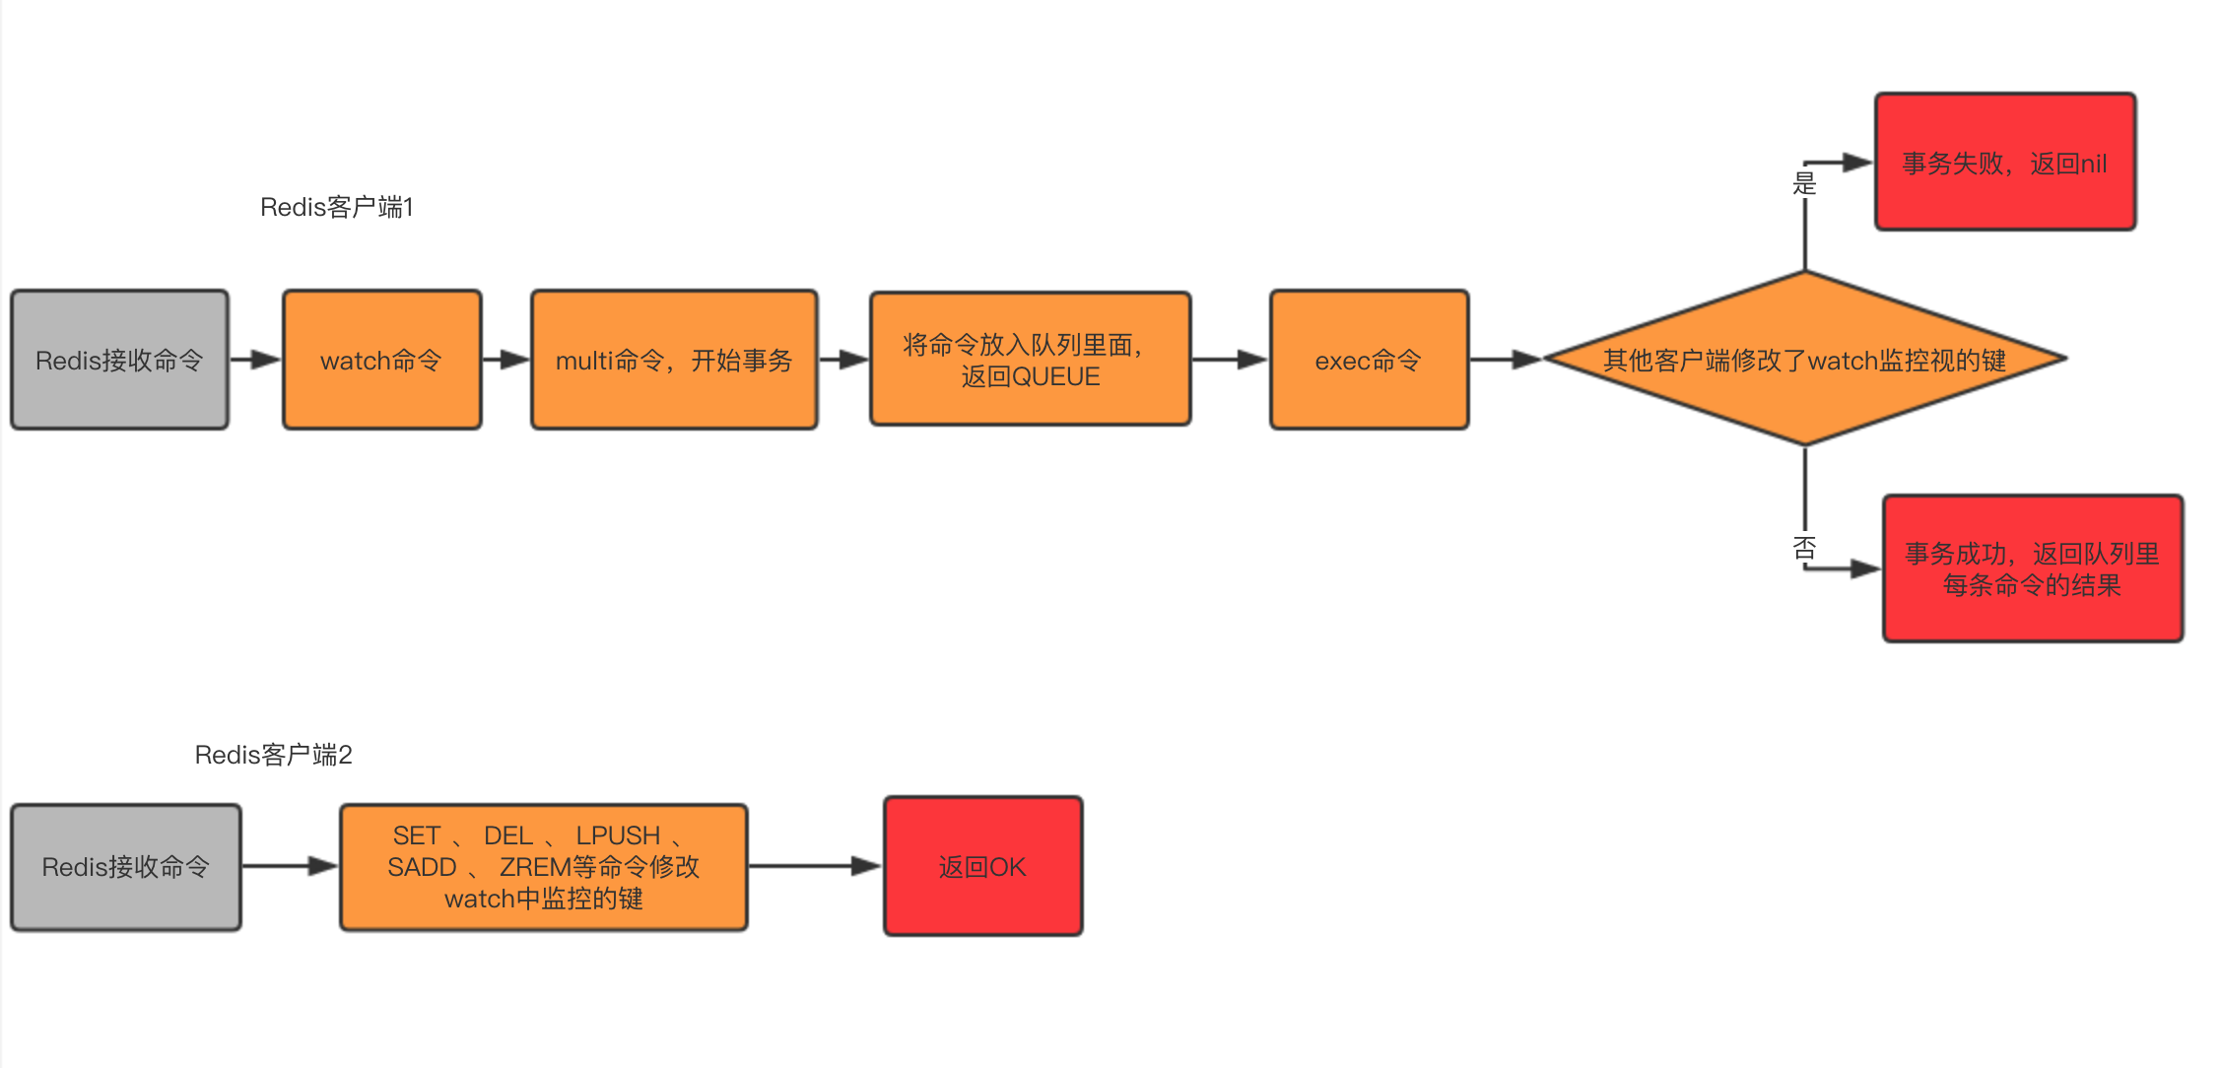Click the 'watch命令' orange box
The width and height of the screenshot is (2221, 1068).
381,360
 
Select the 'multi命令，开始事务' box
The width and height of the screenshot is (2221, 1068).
674,360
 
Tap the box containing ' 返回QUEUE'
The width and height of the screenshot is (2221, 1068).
1030,360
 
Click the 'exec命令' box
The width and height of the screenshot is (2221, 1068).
1369,360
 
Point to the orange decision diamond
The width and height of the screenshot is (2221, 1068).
1804,359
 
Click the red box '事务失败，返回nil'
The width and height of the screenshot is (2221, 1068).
2004,163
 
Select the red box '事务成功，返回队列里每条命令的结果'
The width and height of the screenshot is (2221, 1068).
2032,568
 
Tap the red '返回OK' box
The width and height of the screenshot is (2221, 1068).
982,866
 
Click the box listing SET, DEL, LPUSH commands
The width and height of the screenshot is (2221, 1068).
543,867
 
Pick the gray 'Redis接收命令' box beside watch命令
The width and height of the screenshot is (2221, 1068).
119,360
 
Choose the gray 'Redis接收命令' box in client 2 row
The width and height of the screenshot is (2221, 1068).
125,867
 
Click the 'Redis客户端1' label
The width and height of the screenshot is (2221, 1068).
336,207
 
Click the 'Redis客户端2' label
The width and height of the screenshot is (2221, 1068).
273,755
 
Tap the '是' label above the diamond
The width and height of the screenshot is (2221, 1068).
1803,183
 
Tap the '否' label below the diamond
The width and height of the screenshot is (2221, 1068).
1803,548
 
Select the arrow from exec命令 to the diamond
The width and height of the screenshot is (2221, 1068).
1505,360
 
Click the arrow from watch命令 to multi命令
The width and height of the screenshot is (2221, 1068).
506,360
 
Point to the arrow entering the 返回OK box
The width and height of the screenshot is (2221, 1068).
815,866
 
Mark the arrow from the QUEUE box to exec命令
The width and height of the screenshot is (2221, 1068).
1230,360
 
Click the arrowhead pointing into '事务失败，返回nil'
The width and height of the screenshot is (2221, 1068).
1857,163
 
